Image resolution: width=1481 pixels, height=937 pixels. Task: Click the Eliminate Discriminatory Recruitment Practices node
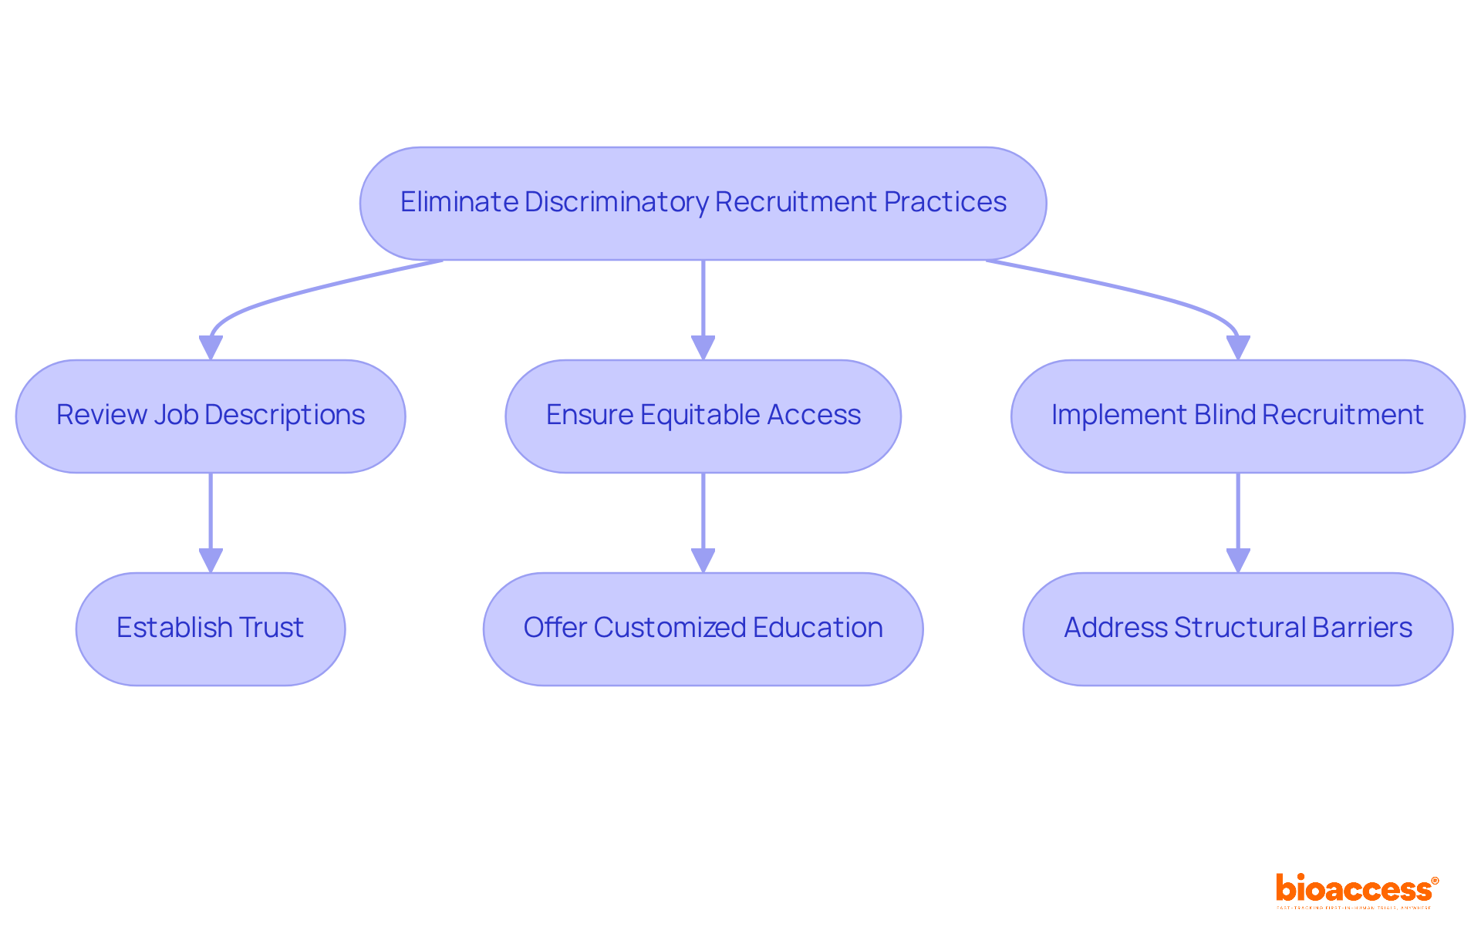click(703, 204)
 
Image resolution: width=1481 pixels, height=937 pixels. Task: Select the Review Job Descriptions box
click(211, 416)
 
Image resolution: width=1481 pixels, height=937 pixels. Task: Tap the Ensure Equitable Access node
click(703, 416)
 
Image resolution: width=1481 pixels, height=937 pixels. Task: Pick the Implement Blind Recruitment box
click(1237, 416)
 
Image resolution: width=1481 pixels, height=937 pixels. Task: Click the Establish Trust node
click(211, 629)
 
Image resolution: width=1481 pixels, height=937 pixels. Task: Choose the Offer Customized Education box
click(703, 629)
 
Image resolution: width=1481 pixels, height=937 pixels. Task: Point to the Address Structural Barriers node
click(1237, 629)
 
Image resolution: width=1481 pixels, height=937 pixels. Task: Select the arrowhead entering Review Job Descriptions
click(211, 348)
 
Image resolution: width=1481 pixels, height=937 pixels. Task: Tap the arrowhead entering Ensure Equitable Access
click(703, 348)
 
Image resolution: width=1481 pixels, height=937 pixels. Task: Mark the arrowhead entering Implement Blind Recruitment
click(1237, 348)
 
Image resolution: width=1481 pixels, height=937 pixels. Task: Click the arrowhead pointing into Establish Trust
click(211, 561)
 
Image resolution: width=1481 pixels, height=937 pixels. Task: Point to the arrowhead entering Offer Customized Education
click(703, 561)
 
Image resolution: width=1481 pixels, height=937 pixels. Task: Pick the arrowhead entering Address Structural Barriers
click(1237, 561)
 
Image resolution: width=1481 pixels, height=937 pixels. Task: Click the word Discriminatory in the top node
click(616, 202)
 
